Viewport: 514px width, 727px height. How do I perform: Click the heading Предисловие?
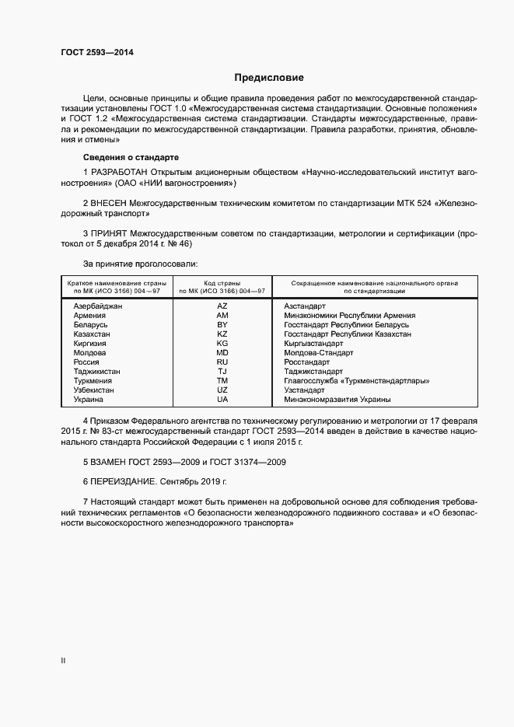(269, 78)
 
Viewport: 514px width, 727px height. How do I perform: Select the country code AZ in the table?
(222, 306)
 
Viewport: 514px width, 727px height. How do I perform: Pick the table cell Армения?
(89, 316)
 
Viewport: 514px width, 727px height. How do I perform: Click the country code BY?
(222, 325)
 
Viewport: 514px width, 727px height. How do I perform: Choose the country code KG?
(222, 344)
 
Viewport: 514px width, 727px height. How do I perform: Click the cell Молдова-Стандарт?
(319, 353)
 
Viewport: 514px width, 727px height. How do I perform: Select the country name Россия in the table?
(86, 362)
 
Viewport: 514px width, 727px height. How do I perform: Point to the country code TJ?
(222, 372)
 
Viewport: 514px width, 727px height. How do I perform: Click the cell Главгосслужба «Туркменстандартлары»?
(357, 381)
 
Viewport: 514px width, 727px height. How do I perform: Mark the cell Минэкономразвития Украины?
(337, 400)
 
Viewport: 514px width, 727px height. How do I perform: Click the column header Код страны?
(222, 283)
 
